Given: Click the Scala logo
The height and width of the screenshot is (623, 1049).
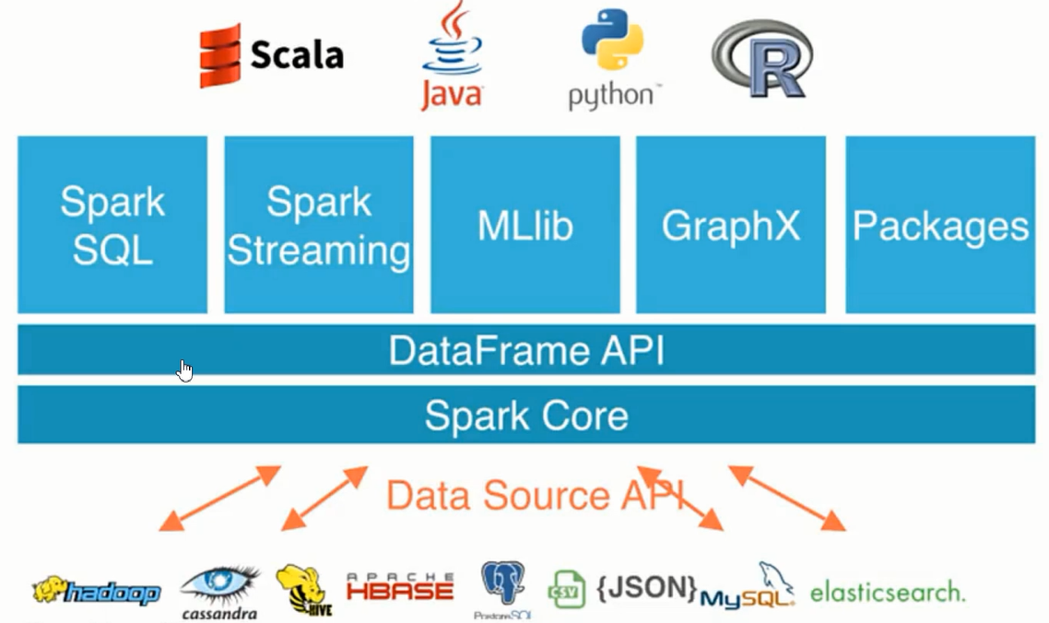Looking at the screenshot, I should coord(271,55).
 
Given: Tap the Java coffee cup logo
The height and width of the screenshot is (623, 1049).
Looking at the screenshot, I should coord(452,57).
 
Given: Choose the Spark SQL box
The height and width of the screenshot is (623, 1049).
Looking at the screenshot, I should coord(112,225).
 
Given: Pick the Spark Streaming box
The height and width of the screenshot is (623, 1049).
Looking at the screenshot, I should coord(319,225).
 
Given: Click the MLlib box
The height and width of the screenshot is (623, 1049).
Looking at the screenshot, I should coord(524,225).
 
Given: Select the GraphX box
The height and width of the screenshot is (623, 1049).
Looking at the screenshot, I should coord(731,225).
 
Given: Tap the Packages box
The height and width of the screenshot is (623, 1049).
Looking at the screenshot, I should coord(940,225).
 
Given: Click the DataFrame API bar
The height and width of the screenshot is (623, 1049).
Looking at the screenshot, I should coord(525,350).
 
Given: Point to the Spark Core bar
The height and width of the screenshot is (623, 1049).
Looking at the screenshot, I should coord(525,416).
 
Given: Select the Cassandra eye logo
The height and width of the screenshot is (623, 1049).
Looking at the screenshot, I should coord(219,590).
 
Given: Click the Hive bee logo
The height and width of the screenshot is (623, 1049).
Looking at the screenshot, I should coord(303,590).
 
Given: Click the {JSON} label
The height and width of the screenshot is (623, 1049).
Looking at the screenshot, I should coord(645,587).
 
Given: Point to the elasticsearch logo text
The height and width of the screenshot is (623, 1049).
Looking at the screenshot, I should coord(888,592).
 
